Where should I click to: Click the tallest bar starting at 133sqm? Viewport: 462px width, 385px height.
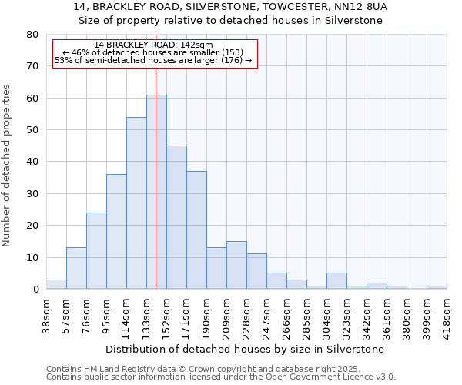tap(156, 192)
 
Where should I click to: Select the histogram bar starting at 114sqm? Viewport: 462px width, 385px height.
tap(136, 203)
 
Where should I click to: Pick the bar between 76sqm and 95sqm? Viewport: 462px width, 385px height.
tap(96, 251)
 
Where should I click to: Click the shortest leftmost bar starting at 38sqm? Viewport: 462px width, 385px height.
tap(56, 284)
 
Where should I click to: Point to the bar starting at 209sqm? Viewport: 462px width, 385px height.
tap(236, 266)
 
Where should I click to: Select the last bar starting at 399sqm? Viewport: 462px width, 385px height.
tap(437, 287)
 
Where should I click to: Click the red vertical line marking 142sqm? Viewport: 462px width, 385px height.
tap(156, 154)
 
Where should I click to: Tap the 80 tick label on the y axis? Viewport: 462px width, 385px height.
tap(32, 35)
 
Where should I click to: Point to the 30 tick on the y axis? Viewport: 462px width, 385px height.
tap(32, 194)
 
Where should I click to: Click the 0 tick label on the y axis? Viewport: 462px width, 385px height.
tap(35, 290)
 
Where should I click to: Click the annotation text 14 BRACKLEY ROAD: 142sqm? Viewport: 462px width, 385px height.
tap(154, 45)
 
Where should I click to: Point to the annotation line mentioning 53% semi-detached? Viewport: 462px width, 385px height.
tap(154, 60)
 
